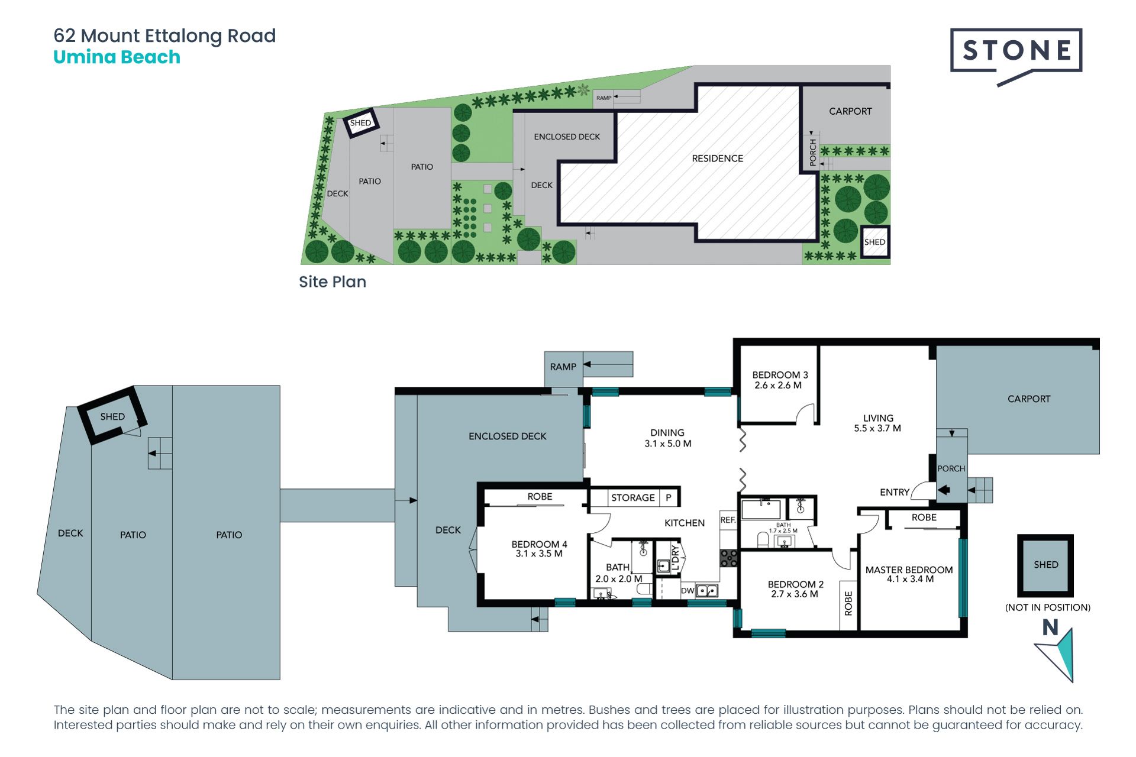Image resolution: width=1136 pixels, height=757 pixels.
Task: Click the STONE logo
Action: [x=1016, y=56]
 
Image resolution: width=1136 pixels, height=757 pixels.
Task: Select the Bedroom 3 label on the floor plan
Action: [x=780, y=375]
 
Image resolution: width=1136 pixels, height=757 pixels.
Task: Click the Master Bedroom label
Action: [x=909, y=570]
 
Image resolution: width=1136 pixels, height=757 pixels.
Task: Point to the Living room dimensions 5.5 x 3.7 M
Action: [x=877, y=428]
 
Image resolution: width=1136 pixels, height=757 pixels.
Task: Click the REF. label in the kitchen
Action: [x=728, y=520]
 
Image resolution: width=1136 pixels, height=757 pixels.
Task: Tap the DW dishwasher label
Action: [x=687, y=590]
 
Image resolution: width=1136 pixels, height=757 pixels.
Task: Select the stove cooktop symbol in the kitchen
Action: [x=729, y=558]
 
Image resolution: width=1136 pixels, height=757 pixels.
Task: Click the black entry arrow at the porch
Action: [x=944, y=490]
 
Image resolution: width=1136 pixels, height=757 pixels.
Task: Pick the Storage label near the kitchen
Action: [x=632, y=497]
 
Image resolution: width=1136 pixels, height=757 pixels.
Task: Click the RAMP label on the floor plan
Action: [x=563, y=367]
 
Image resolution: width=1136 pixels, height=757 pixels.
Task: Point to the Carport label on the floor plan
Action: [x=1029, y=399]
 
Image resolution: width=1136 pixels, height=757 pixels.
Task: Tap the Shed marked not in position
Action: [x=1045, y=565]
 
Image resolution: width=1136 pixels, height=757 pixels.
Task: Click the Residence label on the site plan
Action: [x=717, y=158]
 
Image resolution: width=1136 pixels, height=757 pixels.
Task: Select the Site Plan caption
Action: [x=333, y=282]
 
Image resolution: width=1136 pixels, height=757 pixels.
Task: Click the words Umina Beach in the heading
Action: [x=117, y=57]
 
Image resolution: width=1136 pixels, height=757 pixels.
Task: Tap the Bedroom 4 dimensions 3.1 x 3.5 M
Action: [x=538, y=554]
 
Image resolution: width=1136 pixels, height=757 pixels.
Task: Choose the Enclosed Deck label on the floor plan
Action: [x=507, y=436]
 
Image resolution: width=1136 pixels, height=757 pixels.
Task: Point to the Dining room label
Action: [x=667, y=433]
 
